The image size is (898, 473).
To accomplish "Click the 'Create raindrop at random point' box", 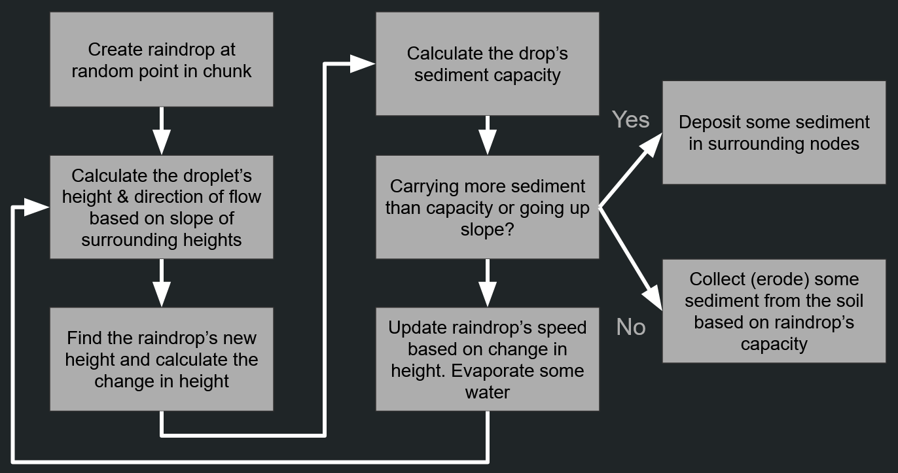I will (x=161, y=60).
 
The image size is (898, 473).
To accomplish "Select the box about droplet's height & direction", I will (x=161, y=207).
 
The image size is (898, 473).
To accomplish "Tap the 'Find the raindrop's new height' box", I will (x=161, y=359).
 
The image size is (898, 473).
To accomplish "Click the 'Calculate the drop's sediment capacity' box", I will (x=487, y=63).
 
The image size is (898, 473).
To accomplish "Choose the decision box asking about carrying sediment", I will (x=487, y=207).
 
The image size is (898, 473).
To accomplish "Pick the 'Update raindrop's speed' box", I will (x=487, y=359).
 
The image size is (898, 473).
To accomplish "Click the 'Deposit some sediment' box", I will (x=774, y=132).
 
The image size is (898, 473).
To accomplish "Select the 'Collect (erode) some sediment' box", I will (x=774, y=311).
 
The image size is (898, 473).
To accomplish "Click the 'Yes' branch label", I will (x=631, y=120).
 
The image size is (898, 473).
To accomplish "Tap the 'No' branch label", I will (x=631, y=326).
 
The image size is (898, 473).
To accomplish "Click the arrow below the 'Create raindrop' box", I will (x=161, y=131).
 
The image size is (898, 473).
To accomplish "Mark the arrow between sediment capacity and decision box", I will (x=487, y=135).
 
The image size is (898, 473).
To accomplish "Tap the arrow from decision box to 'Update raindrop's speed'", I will (x=487, y=283).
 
